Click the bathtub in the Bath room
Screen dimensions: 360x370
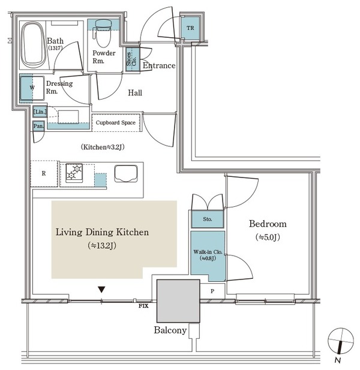click(x=34, y=45)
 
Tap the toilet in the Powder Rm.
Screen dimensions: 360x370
click(x=103, y=33)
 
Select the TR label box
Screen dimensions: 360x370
click(x=190, y=28)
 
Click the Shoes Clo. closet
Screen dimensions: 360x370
click(x=132, y=59)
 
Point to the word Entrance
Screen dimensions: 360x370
click(x=159, y=65)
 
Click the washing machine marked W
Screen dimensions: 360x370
click(x=32, y=88)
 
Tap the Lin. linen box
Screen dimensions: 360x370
click(x=40, y=112)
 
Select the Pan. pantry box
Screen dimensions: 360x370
click(x=38, y=126)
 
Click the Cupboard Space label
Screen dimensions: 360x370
click(x=116, y=122)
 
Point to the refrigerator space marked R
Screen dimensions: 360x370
click(x=44, y=173)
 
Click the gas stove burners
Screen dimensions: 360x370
click(x=74, y=173)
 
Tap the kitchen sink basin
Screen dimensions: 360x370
click(x=126, y=173)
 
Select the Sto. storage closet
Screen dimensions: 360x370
click(x=207, y=219)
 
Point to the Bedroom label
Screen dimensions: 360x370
click(x=268, y=224)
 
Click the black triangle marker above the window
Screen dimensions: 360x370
click(x=101, y=289)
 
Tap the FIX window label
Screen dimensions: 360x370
click(x=143, y=306)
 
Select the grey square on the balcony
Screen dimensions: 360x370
click(x=178, y=301)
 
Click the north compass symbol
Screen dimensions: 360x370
click(x=340, y=341)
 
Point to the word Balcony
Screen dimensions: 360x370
click(x=170, y=330)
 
